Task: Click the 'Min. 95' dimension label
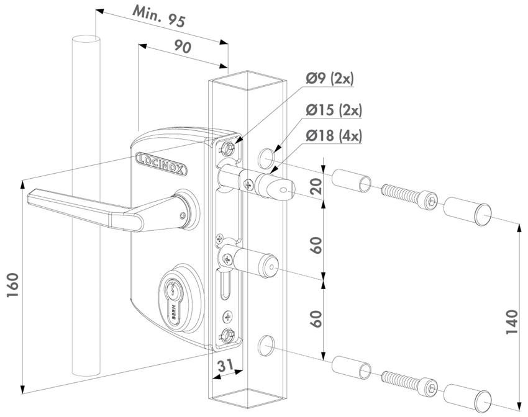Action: [x=158, y=17]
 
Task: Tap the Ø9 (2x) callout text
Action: [x=329, y=79]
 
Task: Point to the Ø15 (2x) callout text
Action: [x=334, y=110]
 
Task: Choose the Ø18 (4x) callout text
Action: [x=334, y=135]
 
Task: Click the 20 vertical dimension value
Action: [x=316, y=184]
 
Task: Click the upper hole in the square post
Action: [x=265, y=159]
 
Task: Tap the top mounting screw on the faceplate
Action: [x=229, y=147]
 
